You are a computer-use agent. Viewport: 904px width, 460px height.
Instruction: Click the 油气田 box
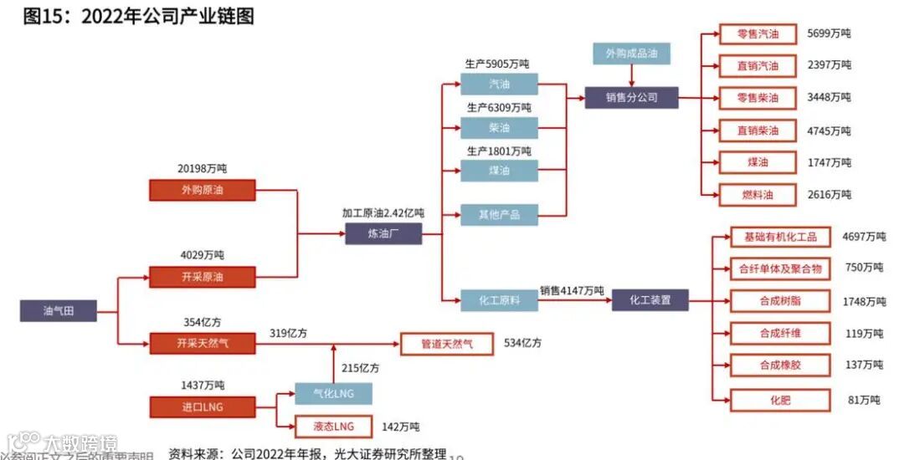(x=58, y=311)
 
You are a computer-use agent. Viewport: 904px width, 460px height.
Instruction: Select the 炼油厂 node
(x=383, y=234)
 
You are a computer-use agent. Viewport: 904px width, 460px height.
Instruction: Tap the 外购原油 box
(x=202, y=190)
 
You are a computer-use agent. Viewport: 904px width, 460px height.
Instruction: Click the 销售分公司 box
(x=631, y=97)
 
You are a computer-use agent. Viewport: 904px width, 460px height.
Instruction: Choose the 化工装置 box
(x=650, y=299)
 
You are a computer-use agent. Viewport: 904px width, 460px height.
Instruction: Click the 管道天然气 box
(x=445, y=344)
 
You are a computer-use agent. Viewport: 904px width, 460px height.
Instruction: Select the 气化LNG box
(x=332, y=394)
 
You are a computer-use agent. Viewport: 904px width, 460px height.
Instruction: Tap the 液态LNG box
(x=332, y=427)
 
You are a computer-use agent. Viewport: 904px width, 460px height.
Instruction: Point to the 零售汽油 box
(x=758, y=34)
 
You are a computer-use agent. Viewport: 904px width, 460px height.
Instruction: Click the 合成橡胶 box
(x=779, y=365)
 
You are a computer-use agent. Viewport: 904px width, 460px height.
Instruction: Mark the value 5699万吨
(x=829, y=34)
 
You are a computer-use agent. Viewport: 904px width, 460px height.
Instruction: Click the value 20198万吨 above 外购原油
(x=202, y=169)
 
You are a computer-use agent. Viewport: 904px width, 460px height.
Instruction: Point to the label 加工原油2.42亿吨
(x=383, y=214)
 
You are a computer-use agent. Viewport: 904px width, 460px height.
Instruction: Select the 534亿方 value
(x=522, y=343)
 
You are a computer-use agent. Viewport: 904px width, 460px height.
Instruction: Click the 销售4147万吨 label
(x=572, y=290)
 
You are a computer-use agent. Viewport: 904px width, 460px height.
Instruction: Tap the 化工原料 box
(x=498, y=299)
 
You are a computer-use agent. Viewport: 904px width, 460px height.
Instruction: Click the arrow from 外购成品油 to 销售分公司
(x=631, y=75)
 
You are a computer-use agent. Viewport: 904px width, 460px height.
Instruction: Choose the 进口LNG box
(x=202, y=407)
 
